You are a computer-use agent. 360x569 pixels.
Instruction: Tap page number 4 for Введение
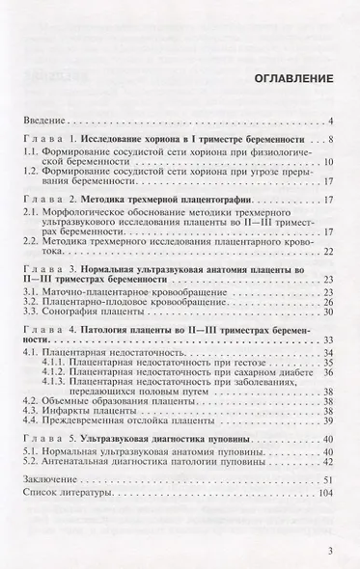(x=330, y=121)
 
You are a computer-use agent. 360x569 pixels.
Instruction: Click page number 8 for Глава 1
(x=329, y=140)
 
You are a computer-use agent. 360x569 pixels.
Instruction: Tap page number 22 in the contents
(x=327, y=252)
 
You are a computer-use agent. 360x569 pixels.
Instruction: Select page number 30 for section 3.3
(x=327, y=312)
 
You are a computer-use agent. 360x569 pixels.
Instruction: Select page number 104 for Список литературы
(x=324, y=492)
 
